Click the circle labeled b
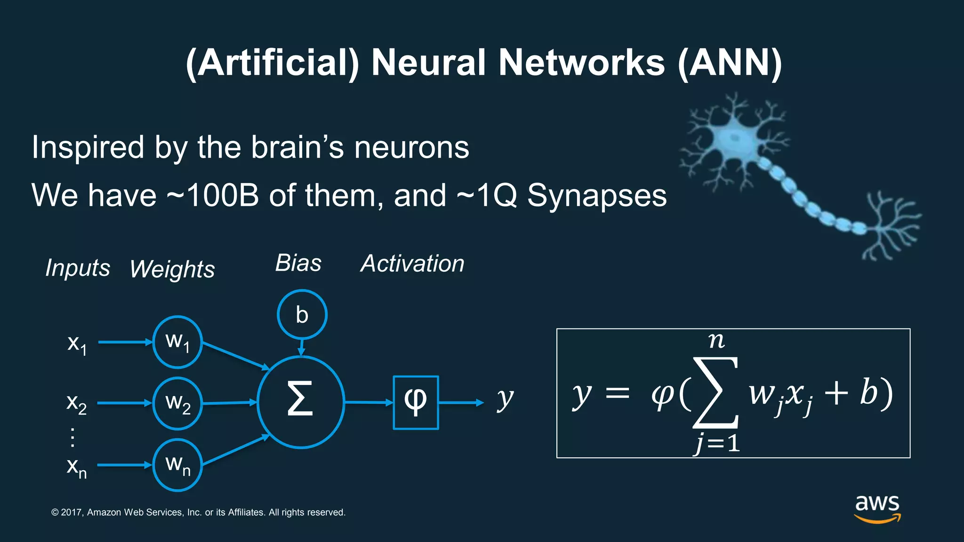pos(302,314)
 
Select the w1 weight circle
pos(177,342)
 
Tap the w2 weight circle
pos(177,404)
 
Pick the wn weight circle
pos(177,465)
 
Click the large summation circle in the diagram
pos(301,402)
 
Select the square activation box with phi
pos(416,403)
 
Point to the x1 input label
pos(77,344)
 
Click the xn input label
pos(77,467)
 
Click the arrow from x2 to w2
pos(124,403)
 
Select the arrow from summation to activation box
pos(369,402)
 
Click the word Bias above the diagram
pos(298,263)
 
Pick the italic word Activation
pos(412,263)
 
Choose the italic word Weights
pos(172,269)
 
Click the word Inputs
pos(78,268)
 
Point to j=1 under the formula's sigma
pos(717,444)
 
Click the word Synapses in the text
pos(596,195)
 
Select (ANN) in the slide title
pos(730,63)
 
